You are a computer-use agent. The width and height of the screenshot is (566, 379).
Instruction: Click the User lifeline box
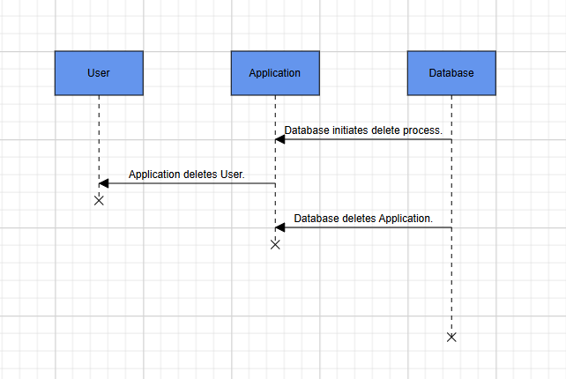(99, 73)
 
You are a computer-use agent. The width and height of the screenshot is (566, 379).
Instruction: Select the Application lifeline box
(275, 73)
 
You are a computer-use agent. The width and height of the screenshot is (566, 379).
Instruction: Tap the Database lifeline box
(451, 73)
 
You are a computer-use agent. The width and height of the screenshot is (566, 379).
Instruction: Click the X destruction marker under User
(99, 200)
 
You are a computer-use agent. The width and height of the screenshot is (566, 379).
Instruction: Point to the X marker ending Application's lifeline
(275, 244)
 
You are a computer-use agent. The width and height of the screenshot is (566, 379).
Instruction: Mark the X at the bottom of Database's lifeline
(451, 337)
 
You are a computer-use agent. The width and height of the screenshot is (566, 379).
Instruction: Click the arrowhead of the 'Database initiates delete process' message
(279, 139)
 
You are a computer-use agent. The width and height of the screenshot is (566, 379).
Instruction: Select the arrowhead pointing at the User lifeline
(103, 183)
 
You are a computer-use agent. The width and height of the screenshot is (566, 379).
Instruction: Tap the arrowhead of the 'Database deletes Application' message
(279, 227)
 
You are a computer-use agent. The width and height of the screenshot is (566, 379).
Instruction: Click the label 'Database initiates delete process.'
(363, 130)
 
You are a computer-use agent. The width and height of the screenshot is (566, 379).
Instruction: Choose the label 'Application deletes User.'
(186, 174)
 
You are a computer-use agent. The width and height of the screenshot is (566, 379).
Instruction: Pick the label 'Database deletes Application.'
(363, 218)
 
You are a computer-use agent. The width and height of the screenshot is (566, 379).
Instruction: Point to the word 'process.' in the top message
(422, 130)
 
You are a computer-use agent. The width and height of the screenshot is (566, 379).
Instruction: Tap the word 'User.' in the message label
(231, 174)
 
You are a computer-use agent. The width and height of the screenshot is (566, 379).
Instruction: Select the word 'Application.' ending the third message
(406, 218)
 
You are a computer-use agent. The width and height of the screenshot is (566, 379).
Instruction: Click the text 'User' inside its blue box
(99, 73)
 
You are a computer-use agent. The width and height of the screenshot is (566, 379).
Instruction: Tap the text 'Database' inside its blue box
(451, 73)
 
